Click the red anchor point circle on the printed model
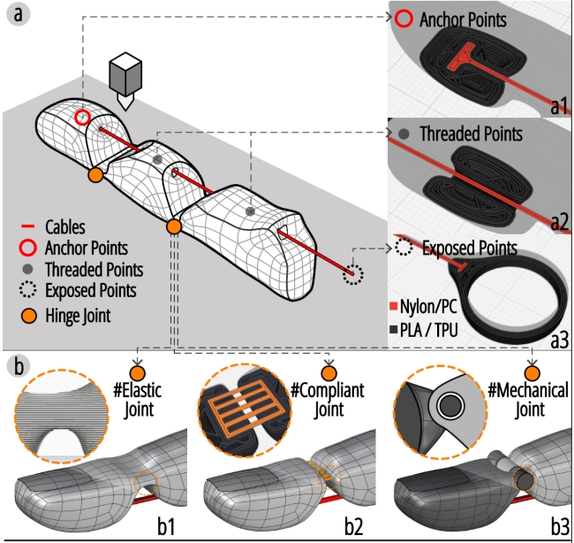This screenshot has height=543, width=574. tap(83, 117)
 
